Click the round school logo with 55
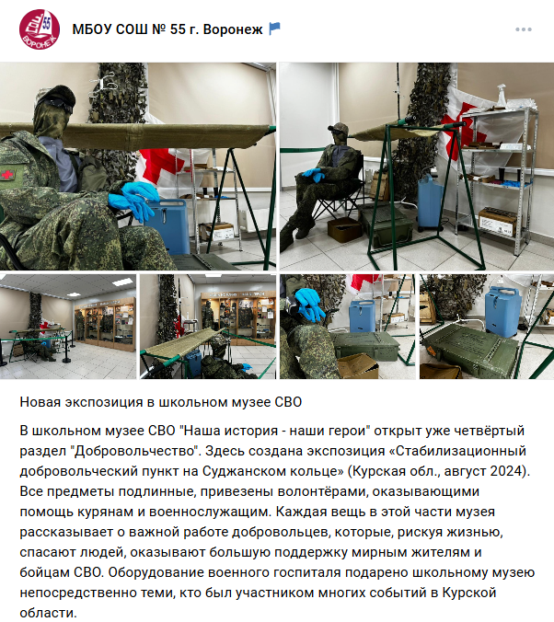(x=40, y=29)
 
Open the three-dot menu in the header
(x=523, y=29)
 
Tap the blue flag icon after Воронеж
(x=274, y=29)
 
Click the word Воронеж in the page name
(x=233, y=29)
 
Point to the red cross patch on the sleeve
(x=7, y=175)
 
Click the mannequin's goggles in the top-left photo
(x=55, y=104)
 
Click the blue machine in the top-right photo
(x=430, y=202)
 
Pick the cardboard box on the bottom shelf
(x=498, y=222)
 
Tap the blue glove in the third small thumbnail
(x=309, y=304)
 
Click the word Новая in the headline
(x=40, y=402)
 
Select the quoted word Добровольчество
(x=134, y=451)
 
